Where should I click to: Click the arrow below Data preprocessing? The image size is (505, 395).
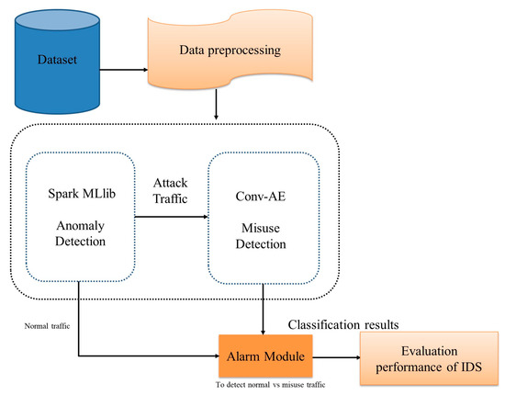(x=216, y=107)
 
